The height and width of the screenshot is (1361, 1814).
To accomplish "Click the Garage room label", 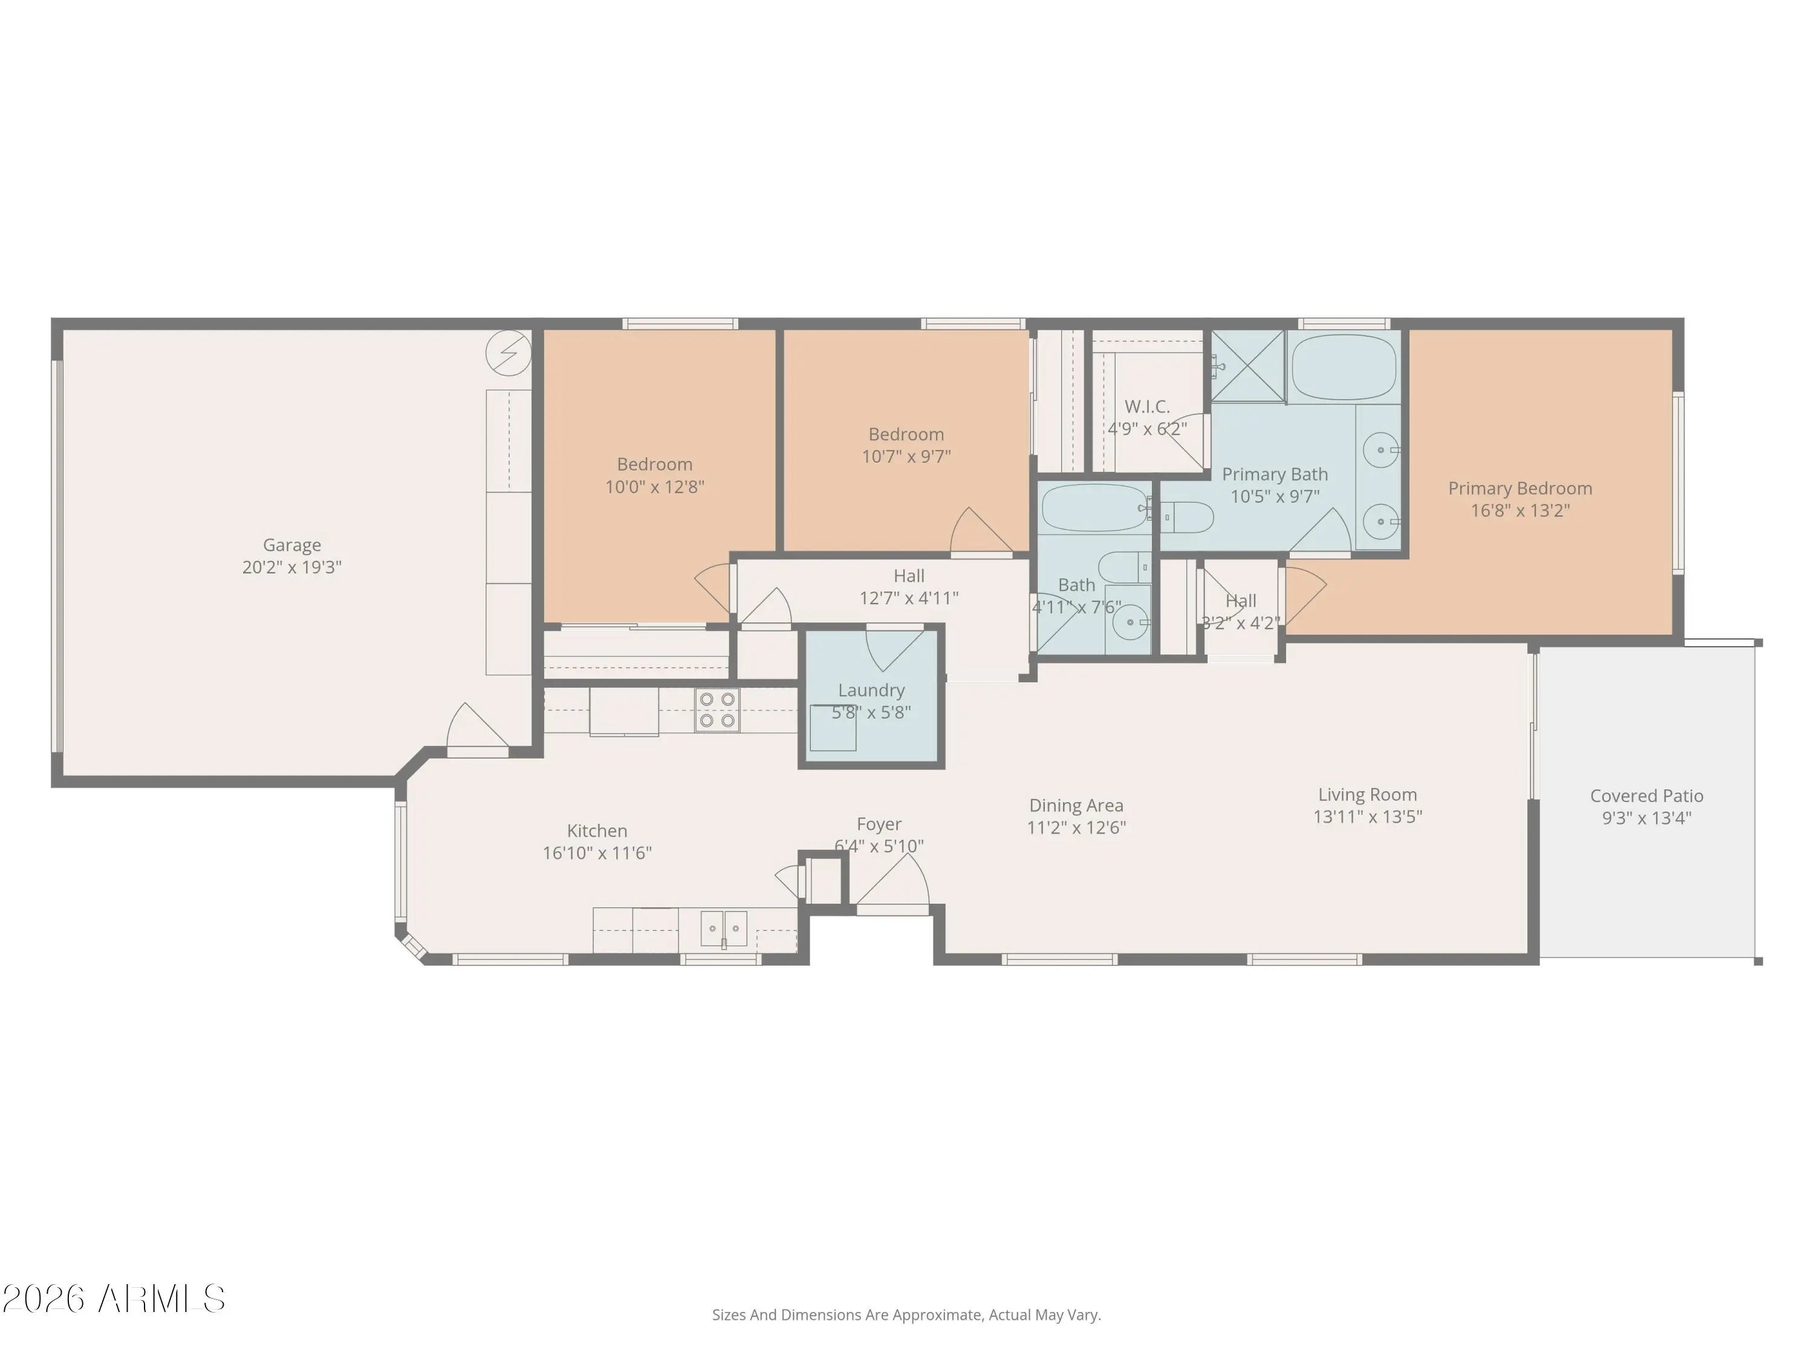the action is coord(292,545).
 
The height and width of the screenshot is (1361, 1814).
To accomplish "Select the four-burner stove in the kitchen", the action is coord(718,710).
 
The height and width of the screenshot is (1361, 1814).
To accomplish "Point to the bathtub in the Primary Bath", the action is coord(1344,367).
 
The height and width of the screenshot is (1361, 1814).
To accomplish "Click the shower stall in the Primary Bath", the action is coord(1248,366).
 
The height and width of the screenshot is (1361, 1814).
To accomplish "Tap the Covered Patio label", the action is coord(1647,796).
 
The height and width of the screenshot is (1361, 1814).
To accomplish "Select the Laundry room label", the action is coord(871,691).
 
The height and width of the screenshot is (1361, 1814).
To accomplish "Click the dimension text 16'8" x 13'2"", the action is coord(1520,511).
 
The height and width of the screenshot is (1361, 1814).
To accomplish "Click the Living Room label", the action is coord(1367,794).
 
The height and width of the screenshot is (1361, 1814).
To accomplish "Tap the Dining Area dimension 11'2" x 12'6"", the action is coord(1076,827).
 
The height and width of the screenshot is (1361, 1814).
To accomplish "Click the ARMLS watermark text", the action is coord(114,1299).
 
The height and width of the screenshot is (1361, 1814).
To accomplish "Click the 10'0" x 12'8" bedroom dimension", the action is coord(654,486).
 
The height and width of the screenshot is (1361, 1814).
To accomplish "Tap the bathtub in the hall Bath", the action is coord(1095,509).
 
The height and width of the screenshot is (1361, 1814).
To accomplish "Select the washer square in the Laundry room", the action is coord(833,728).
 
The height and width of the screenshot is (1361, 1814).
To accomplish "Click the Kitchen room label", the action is coord(597,831).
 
